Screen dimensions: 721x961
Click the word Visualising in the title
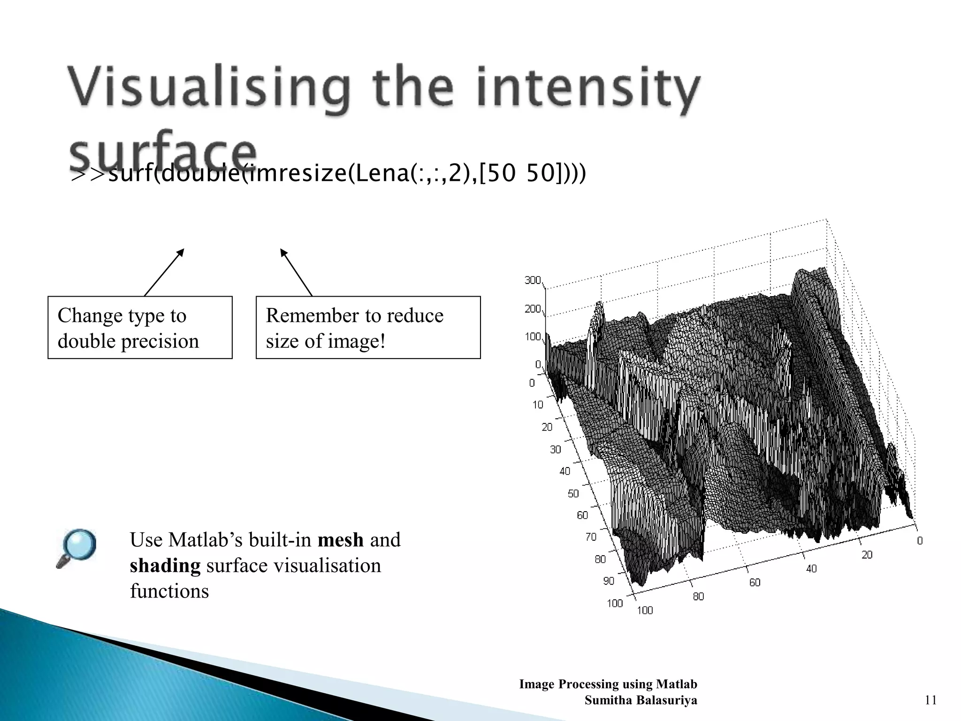click(x=209, y=89)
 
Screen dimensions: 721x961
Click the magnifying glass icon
click(x=76, y=548)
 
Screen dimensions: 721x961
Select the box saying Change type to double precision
click(x=140, y=328)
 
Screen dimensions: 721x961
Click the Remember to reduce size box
click(x=368, y=328)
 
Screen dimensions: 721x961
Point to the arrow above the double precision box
click(x=164, y=272)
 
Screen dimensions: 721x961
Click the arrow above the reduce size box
click(x=296, y=272)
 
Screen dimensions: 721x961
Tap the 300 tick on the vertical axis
click(x=533, y=280)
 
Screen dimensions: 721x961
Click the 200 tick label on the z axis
click(x=533, y=309)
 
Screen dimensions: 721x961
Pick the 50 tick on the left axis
click(x=573, y=493)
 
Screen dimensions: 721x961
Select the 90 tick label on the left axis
click(x=608, y=581)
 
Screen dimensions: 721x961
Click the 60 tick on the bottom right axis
click(x=755, y=583)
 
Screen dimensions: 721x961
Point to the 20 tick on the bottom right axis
click(x=867, y=555)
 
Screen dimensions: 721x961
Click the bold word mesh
click(x=340, y=540)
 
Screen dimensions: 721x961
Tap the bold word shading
click(x=165, y=565)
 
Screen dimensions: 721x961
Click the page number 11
click(x=930, y=700)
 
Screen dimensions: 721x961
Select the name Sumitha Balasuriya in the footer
click(x=641, y=700)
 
